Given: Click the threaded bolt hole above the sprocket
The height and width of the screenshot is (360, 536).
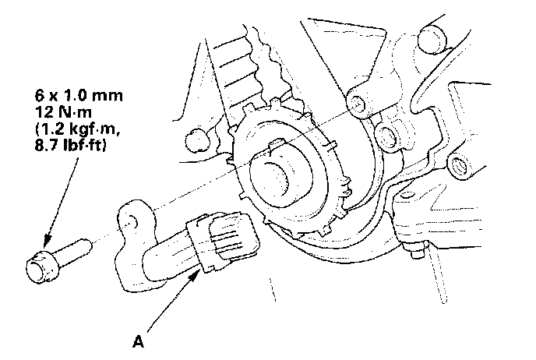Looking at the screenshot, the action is [x=356, y=104].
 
